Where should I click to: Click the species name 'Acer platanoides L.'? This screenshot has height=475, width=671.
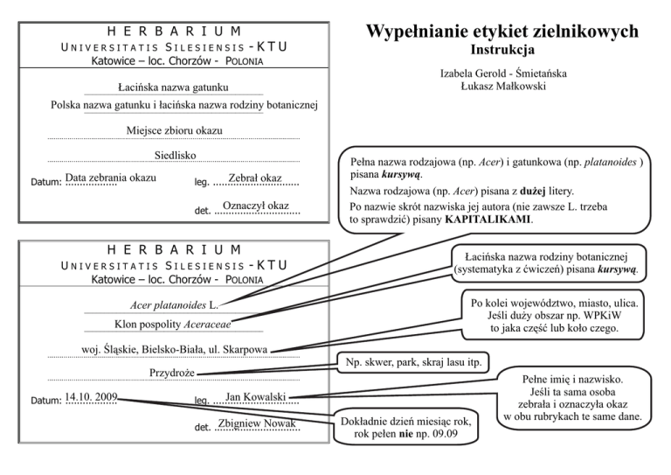click(173, 305)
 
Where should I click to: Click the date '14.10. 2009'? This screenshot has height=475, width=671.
click(90, 397)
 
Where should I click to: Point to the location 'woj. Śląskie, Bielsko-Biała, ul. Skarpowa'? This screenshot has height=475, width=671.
click(169, 351)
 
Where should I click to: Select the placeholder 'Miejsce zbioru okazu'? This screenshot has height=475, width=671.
click(174, 131)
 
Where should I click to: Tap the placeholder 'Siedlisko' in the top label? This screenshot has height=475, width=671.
click(174, 156)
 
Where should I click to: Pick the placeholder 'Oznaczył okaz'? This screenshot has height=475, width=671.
click(255, 206)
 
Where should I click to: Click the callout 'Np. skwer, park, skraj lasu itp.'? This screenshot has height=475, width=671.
click(412, 361)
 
